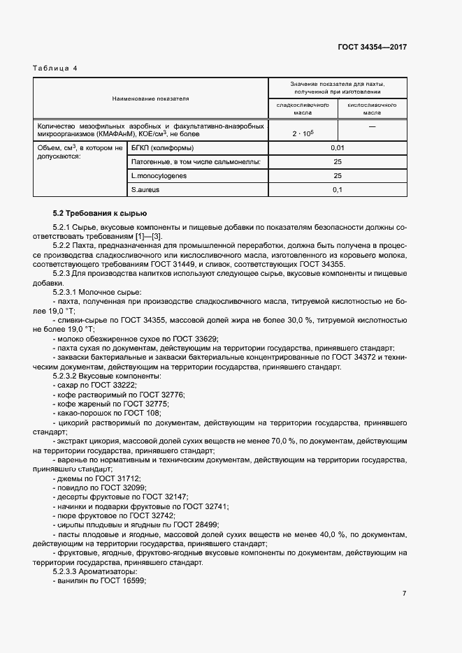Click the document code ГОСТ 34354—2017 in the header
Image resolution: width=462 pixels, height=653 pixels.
click(372, 47)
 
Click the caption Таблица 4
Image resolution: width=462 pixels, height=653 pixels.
click(55, 68)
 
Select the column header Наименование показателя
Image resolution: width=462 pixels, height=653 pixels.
click(150, 99)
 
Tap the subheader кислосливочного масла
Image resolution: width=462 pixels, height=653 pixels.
click(372, 108)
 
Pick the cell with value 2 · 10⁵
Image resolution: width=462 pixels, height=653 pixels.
click(303, 133)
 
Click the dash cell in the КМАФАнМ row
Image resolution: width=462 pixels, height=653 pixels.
click(372, 127)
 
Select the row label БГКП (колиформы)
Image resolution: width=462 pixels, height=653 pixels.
click(162, 148)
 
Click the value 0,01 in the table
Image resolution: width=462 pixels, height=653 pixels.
click(337, 148)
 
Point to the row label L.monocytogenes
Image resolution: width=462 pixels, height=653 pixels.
click(159, 176)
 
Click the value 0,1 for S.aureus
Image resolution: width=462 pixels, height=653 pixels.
click(337, 190)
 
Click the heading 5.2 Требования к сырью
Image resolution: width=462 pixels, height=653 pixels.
click(100, 213)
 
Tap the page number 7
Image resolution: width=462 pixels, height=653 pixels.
click(404, 594)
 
